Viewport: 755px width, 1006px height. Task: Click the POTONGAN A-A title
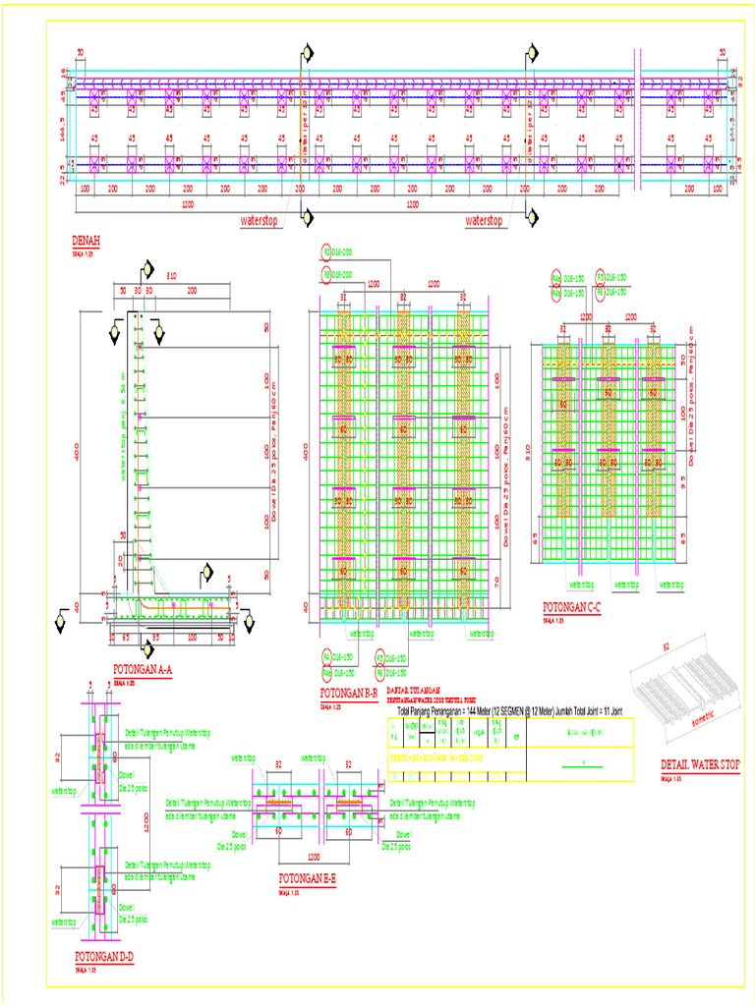(143, 670)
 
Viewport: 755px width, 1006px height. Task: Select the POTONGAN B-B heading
(348, 695)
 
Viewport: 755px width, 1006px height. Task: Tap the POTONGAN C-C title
(572, 606)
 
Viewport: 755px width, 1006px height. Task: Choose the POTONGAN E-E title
(308, 879)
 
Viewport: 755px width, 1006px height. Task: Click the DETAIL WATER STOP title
(699, 765)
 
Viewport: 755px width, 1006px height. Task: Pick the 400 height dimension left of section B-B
(306, 451)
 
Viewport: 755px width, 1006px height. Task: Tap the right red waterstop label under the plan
(484, 221)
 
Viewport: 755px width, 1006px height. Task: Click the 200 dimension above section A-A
(191, 291)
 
